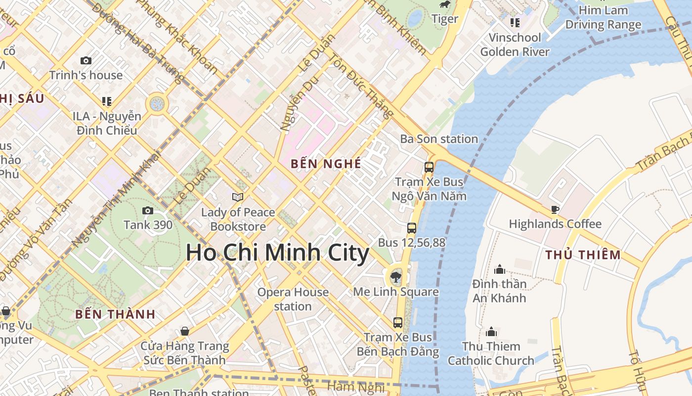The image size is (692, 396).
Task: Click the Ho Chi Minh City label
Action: tap(277, 253)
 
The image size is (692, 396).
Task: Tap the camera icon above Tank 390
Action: tap(147, 211)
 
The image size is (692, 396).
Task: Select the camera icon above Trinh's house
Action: tap(86, 61)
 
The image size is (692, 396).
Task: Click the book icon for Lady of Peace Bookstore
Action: tap(238, 197)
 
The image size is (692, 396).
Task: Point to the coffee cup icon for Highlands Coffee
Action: tap(555, 209)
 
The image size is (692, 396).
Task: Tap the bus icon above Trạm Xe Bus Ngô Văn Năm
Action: tap(429, 167)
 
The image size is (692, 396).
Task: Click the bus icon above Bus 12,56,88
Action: tap(412, 228)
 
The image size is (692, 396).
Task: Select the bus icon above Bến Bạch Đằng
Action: tap(398, 323)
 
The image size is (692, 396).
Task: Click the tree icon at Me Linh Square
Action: tap(395, 277)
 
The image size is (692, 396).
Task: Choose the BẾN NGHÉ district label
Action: tap(326, 164)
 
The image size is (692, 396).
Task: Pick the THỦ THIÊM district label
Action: tap(583, 255)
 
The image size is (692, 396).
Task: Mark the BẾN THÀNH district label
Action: tap(115, 314)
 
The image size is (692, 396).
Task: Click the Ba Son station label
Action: tap(439, 139)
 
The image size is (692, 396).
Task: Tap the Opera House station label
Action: tap(293, 299)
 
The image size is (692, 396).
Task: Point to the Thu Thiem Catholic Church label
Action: tap(491, 353)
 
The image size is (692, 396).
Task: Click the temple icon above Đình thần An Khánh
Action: tap(500, 269)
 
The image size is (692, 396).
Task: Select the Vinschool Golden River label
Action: tap(515, 45)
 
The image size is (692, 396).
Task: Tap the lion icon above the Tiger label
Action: tap(445, 5)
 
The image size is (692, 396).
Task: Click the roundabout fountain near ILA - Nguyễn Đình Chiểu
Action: tap(157, 104)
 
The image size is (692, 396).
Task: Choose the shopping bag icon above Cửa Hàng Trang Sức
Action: tap(185, 331)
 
